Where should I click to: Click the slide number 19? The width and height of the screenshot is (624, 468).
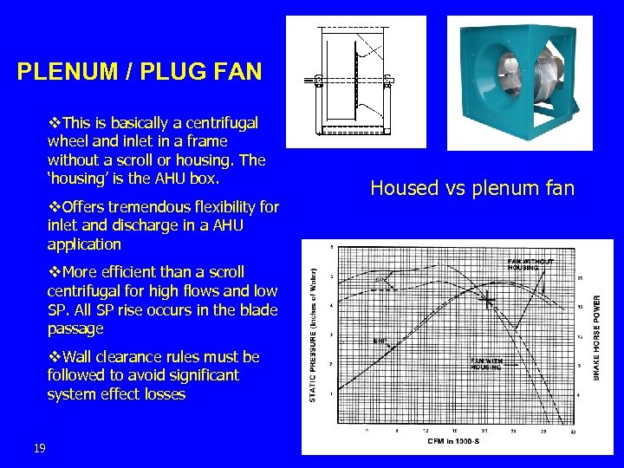point(38,448)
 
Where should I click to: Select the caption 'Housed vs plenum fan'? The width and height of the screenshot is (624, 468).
point(472,187)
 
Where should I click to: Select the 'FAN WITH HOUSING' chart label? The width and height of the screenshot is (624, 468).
point(486,364)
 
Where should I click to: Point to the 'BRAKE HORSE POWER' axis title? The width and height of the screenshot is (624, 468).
point(597,338)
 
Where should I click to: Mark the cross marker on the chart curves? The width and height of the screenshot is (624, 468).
point(489,302)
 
